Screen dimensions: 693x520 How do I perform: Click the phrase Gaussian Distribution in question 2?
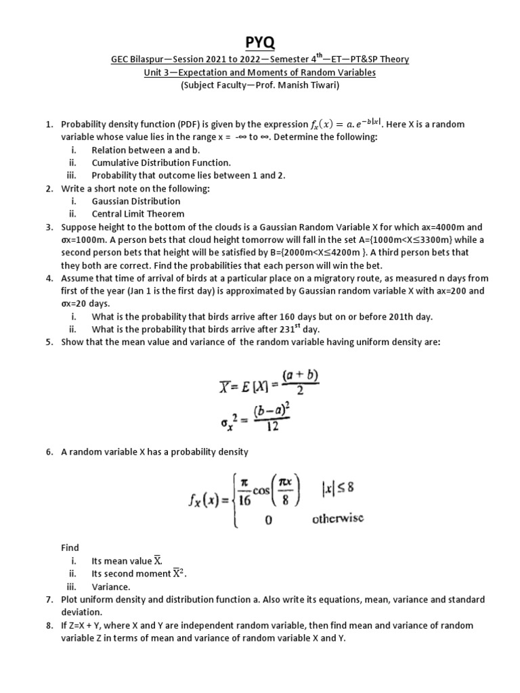click(x=136, y=201)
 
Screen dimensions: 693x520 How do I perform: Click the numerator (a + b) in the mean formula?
click(x=295, y=375)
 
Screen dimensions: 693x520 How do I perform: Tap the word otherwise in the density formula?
click(x=338, y=518)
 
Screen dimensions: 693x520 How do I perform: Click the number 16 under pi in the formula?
click(x=244, y=501)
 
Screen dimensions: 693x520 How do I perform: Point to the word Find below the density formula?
click(x=70, y=547)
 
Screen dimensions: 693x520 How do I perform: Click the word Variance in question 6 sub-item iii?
click(x=111, y=587)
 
